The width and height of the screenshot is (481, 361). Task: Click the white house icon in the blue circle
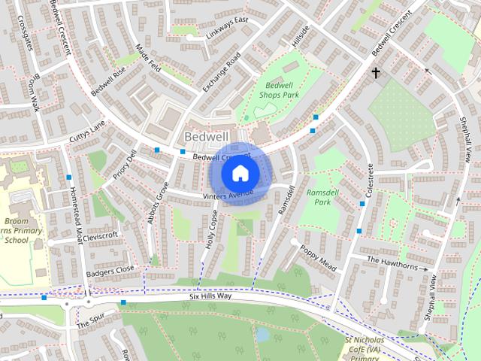tap(240, 173)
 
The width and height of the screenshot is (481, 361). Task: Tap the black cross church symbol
tap(375, 73)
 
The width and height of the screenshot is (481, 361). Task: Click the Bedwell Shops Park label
tap(280, 91)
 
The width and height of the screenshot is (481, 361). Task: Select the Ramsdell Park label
tap(319, 197)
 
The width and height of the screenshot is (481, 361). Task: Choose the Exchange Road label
tap(221, 74)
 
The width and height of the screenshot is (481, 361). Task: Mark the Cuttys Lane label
tap(88, 130)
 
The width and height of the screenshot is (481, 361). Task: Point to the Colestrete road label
tap(368, 184)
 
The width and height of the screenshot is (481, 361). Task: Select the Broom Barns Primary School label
tap(17, 231)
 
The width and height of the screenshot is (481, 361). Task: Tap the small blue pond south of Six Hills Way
tap(262, 333)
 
